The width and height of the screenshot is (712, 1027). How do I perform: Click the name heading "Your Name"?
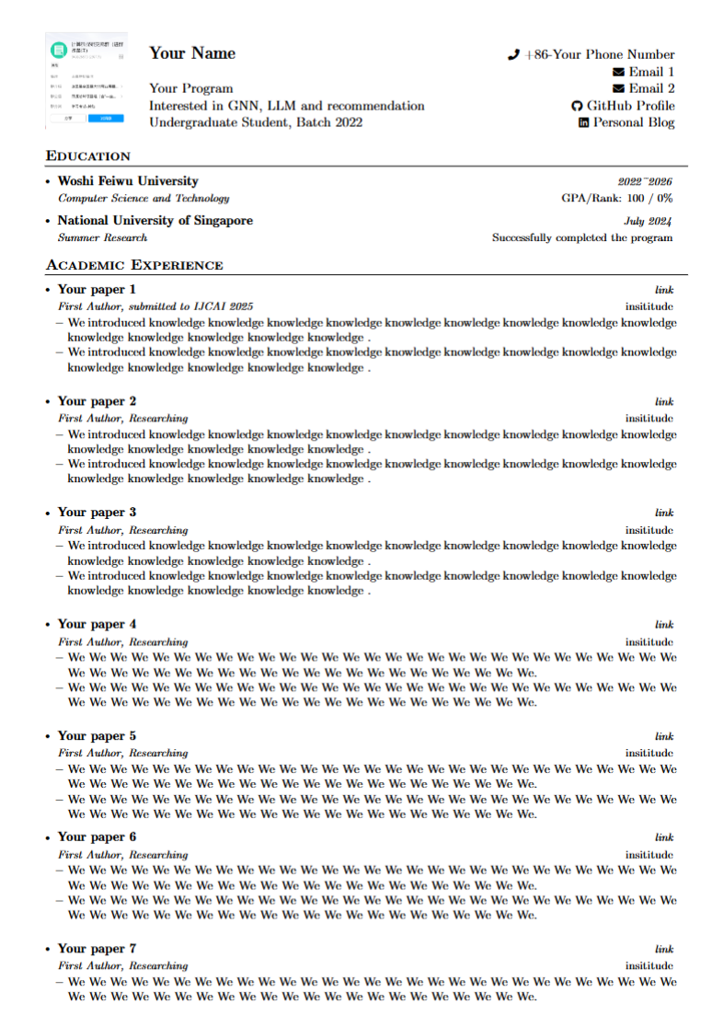pos(192,53)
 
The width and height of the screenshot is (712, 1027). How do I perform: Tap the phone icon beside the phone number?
pos(513,55)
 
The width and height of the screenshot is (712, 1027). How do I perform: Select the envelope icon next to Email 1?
pos(618,72)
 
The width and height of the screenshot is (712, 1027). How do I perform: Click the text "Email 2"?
pos(651,88)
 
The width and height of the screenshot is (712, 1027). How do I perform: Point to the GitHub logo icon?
pos(577,106)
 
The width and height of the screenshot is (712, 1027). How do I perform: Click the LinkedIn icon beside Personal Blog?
pos(583,122)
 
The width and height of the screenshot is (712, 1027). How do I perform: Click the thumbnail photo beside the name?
pos(86,80)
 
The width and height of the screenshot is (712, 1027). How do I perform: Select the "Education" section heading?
pos(88,156)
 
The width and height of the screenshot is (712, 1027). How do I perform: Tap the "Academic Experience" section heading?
pos(134,266)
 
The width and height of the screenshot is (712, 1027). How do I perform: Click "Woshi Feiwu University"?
pos(127,181)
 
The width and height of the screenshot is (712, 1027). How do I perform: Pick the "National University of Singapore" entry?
pos(155,221)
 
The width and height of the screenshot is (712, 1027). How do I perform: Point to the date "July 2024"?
pos(648,221)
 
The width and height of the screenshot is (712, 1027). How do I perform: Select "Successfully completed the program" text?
pos(582,237)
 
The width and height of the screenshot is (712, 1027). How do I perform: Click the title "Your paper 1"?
pos(97,290)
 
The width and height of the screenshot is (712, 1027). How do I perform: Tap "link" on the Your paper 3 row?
pos(664,513)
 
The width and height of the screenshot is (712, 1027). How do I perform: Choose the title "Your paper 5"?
pos(97,736)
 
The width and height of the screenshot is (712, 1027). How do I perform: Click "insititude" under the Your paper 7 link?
pos(649,965)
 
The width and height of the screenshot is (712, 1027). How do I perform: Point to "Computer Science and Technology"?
pos(144,198)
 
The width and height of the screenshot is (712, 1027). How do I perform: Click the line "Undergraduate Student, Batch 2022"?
pos(256,122)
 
